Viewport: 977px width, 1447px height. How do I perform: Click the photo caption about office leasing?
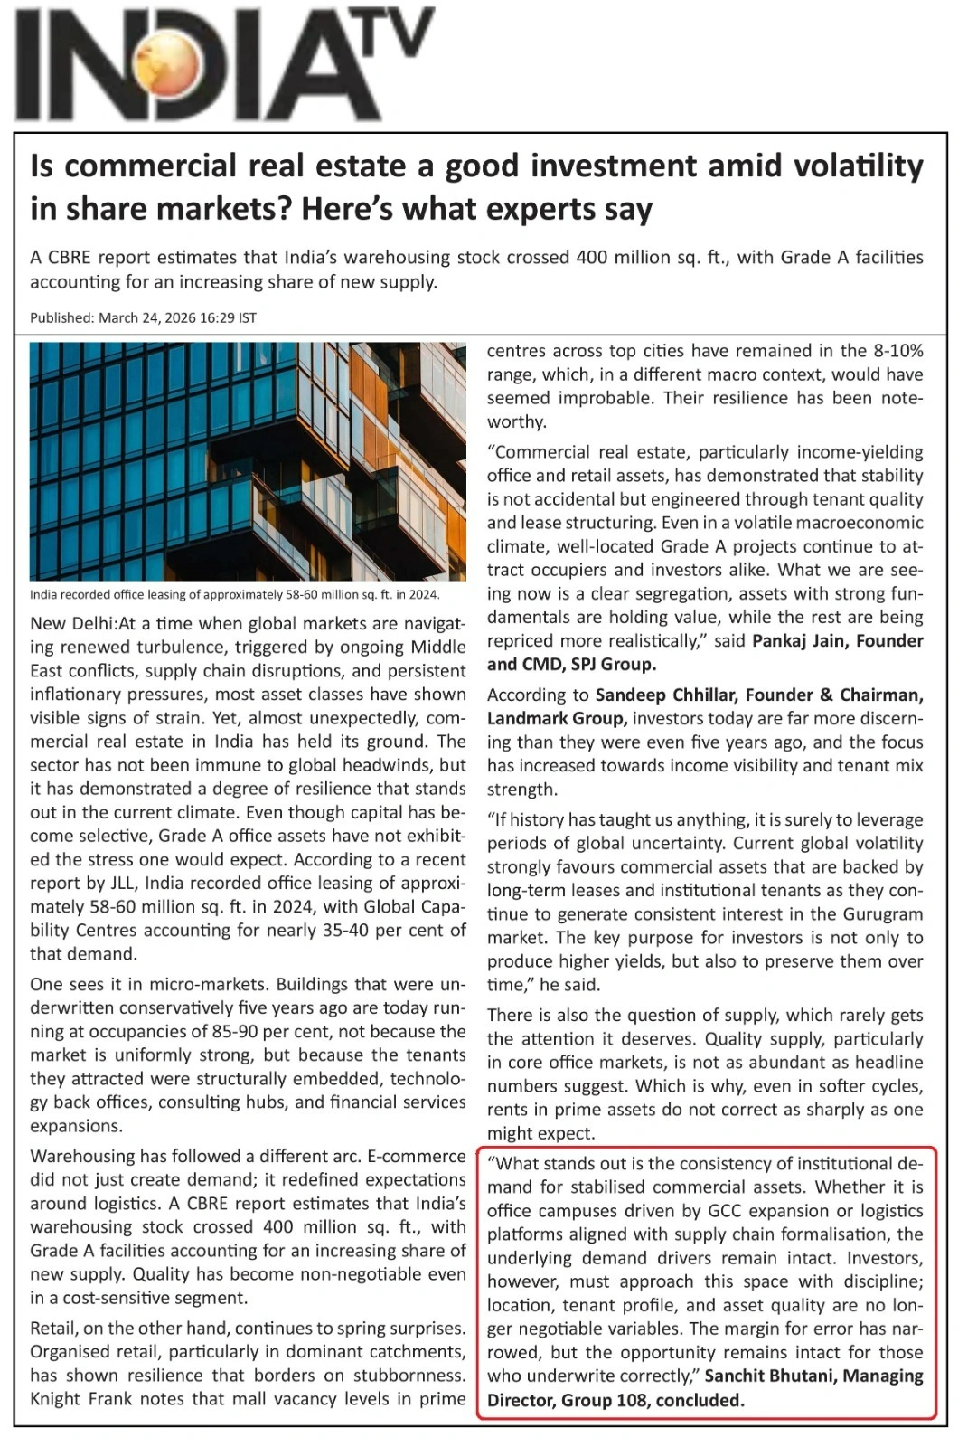click(234, 594)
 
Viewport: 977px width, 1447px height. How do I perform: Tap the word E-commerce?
click(417, 1156)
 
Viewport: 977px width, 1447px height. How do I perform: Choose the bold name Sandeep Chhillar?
click(666, 695)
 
